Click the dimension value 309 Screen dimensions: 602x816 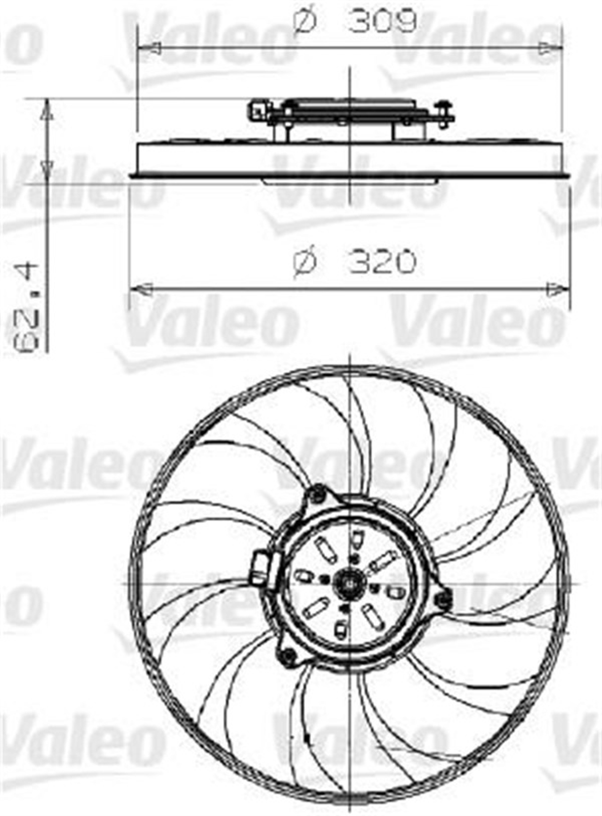[x=382, y=22]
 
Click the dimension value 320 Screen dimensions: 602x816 [x=382, y=261]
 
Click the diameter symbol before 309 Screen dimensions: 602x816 [x=305, y=22]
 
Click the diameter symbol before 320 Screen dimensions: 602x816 [x=305, y=262]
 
